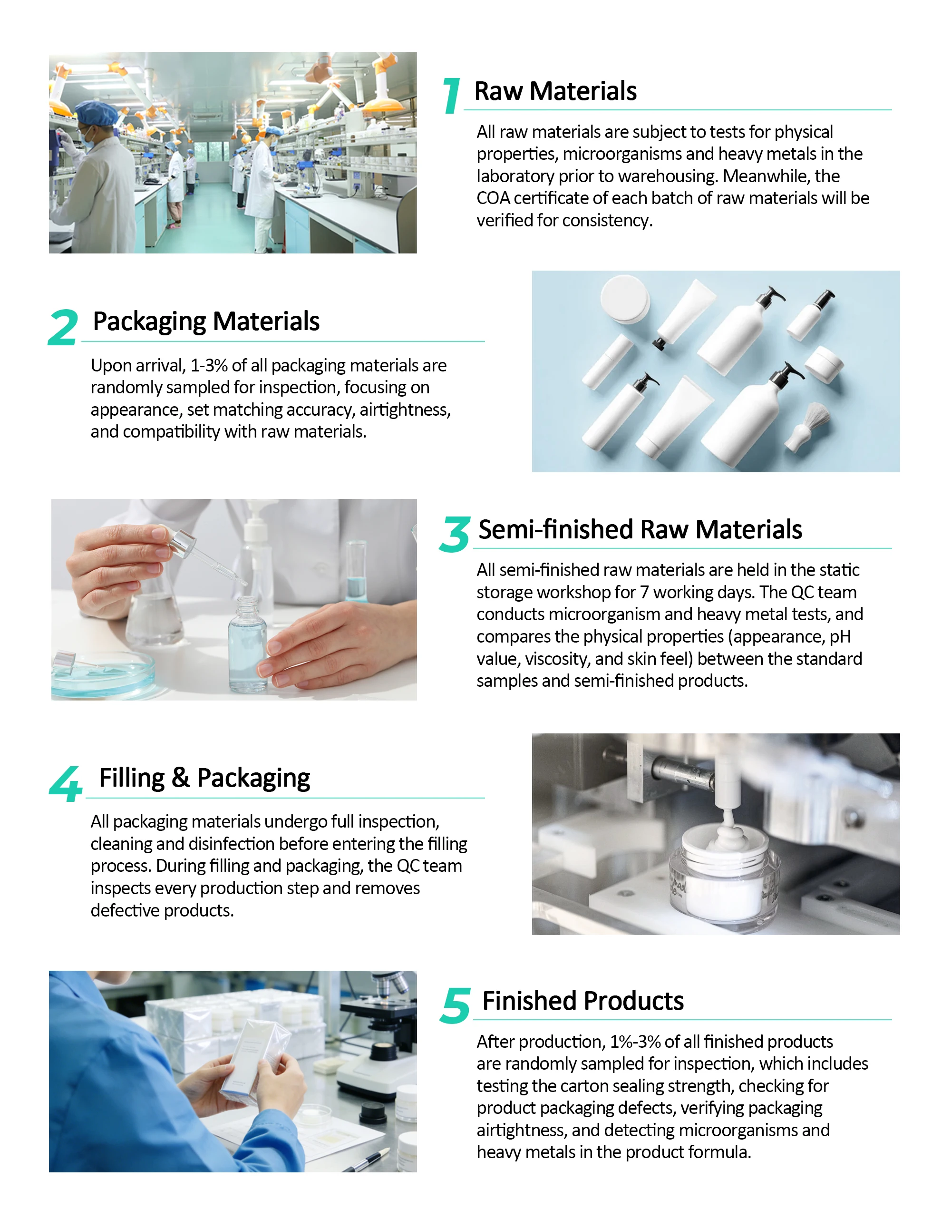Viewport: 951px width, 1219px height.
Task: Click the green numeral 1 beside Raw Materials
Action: pyautogui.click(x=452, y=96)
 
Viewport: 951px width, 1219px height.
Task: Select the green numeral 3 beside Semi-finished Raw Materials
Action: pyautogui.click(x=455, y=534)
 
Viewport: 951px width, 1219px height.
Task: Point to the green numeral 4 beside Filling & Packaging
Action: pyautogui.click(x=66, y=784)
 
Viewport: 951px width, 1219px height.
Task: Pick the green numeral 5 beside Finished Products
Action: pyautogui.click(x=456, y=1005)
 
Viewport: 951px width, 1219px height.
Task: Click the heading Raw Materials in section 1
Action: pyautogui.click(x=555, y=91)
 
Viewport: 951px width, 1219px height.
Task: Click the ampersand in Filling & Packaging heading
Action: pyautogui.click(x=181, y=778)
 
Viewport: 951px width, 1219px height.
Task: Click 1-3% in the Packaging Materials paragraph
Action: pyautogui.click(x=209, y=366)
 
